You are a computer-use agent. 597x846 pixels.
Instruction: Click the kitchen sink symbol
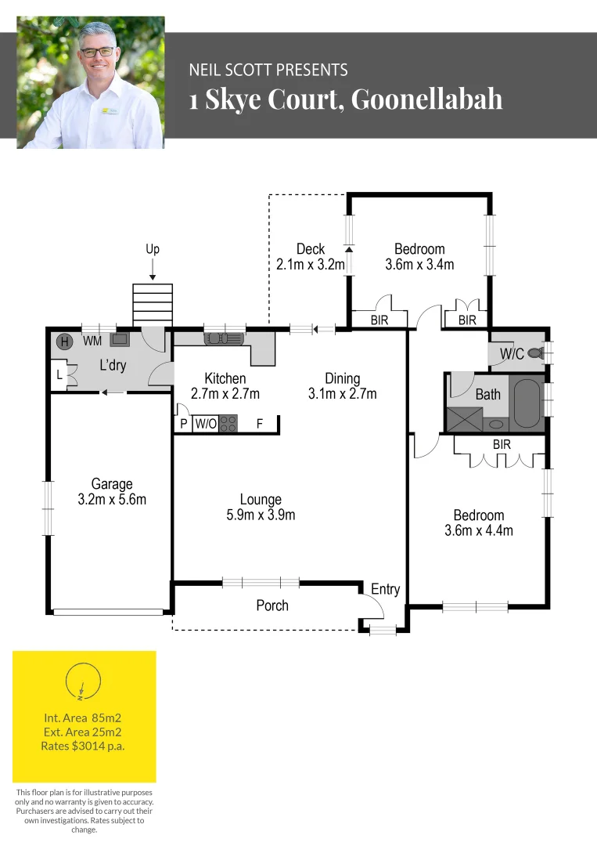[224, 339]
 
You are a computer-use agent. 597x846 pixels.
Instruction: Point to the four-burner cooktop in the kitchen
[228, 425]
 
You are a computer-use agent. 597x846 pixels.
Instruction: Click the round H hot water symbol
[65, 341]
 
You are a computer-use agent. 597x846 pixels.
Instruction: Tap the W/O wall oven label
[206, 425]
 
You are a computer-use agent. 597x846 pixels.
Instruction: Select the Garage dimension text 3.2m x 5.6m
[112, 499]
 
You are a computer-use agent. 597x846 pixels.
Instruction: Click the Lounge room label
[261, 499]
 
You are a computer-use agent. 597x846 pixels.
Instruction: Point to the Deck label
[310, 249]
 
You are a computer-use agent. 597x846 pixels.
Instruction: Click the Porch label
[272, 605]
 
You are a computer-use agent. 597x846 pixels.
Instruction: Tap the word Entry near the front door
[385, 589]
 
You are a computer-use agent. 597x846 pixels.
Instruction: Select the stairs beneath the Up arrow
[153, 304]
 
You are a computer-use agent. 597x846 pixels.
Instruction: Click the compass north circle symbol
[84, 680]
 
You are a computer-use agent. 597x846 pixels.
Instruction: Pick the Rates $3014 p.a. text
[83, 747]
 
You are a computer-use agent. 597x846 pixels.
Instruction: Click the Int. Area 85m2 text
[83, 717]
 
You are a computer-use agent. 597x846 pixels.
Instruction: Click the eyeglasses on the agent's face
[96, 51]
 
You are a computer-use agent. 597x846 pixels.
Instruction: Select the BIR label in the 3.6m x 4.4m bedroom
[502, 443]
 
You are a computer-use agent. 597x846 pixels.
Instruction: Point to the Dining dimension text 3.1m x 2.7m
[342, 394]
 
